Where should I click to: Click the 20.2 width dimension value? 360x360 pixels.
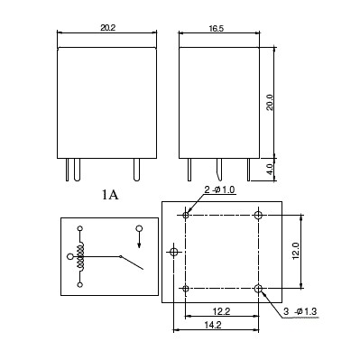pos(107,28)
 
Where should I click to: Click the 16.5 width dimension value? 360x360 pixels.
pos(216,29)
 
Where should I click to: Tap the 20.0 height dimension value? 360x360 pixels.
pos(270,102)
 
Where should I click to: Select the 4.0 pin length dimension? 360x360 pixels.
pos(270,170)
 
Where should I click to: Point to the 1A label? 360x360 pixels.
pos(110,196)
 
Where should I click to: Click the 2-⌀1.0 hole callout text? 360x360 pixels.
pos(219,190)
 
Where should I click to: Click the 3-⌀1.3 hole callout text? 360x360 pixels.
pos(300,311)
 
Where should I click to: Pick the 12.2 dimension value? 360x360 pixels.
pos(221,311)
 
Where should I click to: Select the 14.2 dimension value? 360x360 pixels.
pos(213,325)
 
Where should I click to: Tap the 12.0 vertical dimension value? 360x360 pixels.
pos(296,251)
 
